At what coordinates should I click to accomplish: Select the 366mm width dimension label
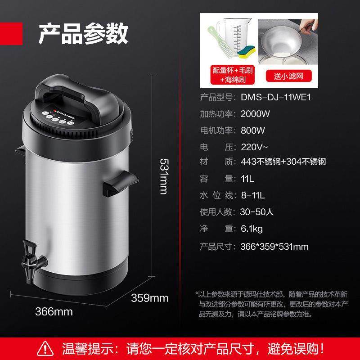[54, 311]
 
